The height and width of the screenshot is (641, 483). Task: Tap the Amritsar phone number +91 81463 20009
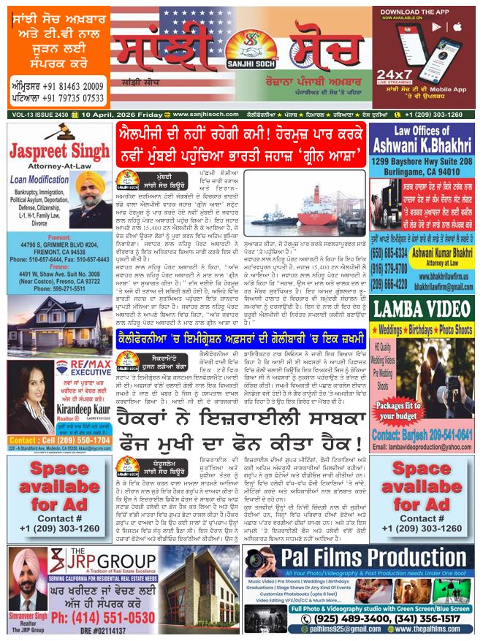[x=58, y=86]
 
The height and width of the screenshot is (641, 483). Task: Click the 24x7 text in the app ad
[x=398, y=75]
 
